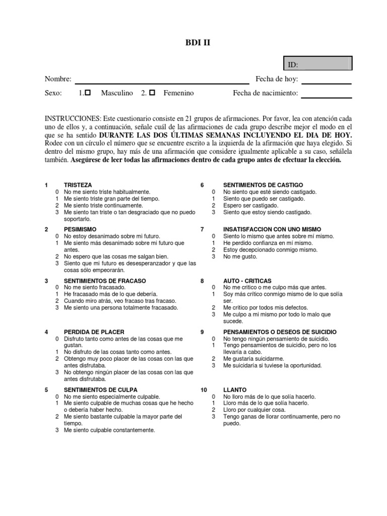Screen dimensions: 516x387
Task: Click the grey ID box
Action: [318, 63]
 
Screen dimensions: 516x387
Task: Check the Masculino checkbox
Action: [88, 93]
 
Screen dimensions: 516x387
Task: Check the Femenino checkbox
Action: [152, 93]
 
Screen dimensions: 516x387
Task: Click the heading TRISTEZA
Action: [78, 185]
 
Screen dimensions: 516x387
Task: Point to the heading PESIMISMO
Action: [80, 229]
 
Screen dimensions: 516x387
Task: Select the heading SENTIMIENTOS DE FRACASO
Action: [105, 281]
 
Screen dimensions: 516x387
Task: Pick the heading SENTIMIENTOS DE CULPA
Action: [100, 390]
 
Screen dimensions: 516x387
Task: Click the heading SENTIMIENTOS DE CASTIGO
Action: [263, 185]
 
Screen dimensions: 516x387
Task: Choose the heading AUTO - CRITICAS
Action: [247, 281]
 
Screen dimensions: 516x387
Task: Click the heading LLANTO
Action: [235, 390]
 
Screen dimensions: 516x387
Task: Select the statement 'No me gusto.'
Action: [240, 256]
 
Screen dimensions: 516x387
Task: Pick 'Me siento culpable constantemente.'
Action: [109, 430]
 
